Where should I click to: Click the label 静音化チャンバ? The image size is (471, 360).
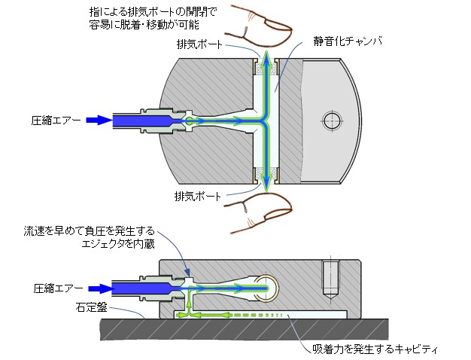pos(348,41)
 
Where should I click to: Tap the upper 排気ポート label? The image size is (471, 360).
pos(199,44)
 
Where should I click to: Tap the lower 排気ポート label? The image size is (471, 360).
pos(198,197)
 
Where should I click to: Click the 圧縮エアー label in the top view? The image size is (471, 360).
pos(56,121)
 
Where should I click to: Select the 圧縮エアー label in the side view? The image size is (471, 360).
pos(58,288)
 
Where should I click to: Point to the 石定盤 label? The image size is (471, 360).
pos(91,307)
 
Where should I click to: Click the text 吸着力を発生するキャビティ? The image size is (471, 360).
pos(375,349)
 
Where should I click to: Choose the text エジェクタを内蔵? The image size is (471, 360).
pos(118,244)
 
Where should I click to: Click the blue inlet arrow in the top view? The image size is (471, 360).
pos(99,121)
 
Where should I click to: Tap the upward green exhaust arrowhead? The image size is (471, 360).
pos(266,56)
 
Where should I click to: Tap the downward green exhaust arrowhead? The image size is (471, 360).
pos(266,185)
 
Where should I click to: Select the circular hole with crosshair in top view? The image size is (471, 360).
pos(332,121)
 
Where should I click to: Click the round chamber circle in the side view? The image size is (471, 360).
pos(267,288)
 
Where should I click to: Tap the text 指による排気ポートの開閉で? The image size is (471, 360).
pos(153,12)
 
